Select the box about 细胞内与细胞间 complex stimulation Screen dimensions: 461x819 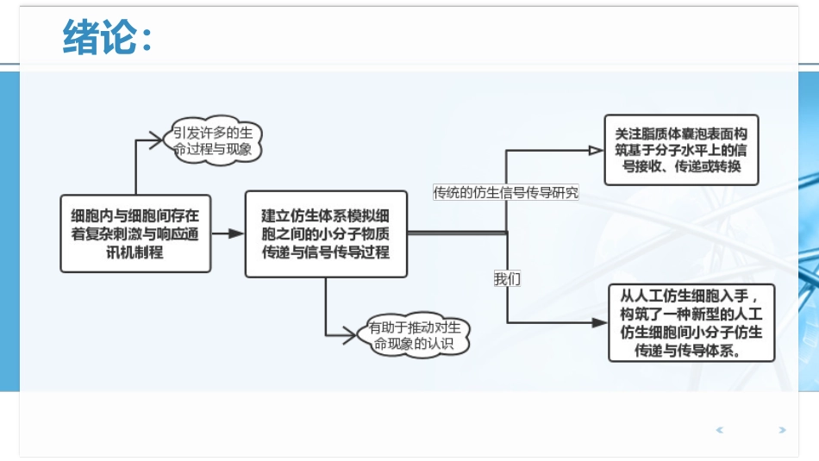pos(135,233)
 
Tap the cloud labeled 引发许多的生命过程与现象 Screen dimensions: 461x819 pos(213,140)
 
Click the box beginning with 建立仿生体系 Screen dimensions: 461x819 pos(326,234)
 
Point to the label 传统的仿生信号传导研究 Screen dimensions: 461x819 pos(506,193)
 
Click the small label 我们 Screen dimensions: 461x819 pos(507,279)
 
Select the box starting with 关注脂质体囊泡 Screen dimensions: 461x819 pos(681,150)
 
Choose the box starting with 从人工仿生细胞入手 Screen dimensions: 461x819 pos(691,322)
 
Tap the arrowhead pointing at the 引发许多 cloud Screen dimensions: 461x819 pos(155,140)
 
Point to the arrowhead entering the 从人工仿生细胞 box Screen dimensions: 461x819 pos(601,322)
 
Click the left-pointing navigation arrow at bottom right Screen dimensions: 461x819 pos(720,429)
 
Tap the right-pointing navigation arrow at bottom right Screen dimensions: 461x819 pos(782,429)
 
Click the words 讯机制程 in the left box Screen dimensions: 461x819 pos(134,252)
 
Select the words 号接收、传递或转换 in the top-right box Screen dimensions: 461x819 pos(681,166)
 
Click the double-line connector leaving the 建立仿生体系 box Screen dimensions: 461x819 pos(457,232)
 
